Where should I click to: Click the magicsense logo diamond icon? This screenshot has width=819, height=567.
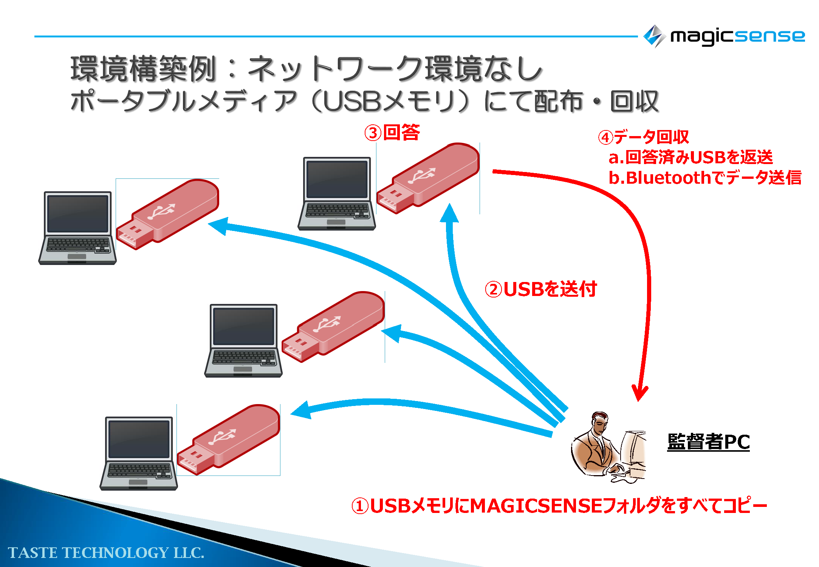(654, 36)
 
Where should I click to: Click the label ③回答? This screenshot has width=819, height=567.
(392, 133)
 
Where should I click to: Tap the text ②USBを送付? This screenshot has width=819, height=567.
(540, 289)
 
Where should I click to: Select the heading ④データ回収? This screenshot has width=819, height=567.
(643, 137)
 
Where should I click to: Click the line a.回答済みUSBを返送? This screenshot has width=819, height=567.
(690, 157)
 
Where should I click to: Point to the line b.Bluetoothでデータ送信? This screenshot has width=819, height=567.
(704, 178)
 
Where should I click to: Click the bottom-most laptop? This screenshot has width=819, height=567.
(139, 453)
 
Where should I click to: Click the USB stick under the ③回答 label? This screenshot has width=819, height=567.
(428, 178)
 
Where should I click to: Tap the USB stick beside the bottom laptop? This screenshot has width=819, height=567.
(229, 439)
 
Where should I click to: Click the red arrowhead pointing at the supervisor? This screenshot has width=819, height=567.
(639, 393)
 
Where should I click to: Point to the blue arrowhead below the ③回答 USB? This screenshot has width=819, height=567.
(449, 214)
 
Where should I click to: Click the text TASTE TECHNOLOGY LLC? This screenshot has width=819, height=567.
(106, 553)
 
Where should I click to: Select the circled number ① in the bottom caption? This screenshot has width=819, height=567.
(360, 506)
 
